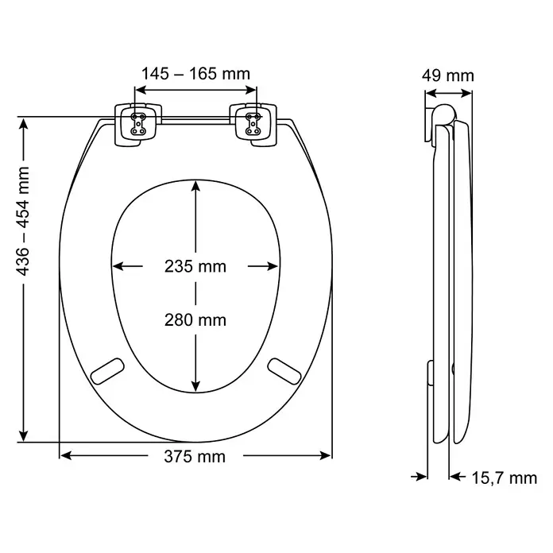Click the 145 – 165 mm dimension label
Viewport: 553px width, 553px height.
[195, 74]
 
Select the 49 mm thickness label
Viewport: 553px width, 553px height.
[448, 75]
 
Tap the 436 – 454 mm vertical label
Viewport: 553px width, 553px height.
[23, 221]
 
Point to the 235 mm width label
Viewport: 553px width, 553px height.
[195, 266]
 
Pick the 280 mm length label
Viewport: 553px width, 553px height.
[195, 320]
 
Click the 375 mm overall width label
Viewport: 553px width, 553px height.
[195, 457]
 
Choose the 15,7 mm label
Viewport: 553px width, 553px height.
[505, 478]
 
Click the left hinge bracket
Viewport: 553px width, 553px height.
[138, 124]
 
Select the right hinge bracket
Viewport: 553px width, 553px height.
[253, 124]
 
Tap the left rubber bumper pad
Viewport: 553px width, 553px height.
[107, 371]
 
